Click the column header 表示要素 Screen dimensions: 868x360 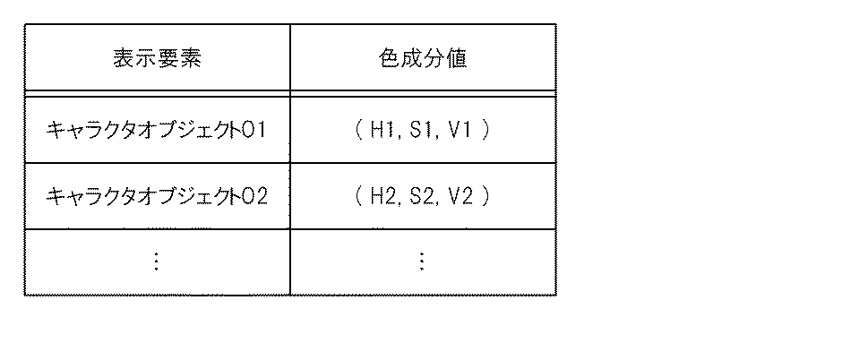pos(157,59)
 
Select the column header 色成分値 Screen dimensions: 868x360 pos(422,59)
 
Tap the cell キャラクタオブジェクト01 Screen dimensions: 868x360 pos(157,130)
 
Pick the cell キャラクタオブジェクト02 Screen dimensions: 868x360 pos(157,195)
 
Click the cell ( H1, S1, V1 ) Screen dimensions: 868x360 pos(422,130)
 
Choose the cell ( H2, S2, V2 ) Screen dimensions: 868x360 pos(422,195)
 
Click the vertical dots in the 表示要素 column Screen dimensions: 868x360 pos(157,261)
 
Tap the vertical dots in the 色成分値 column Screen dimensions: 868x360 pos(422,261)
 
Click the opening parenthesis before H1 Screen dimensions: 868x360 pos(357,130)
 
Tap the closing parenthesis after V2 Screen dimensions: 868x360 pos(486,195)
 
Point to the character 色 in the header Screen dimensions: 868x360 pos(389,59)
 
